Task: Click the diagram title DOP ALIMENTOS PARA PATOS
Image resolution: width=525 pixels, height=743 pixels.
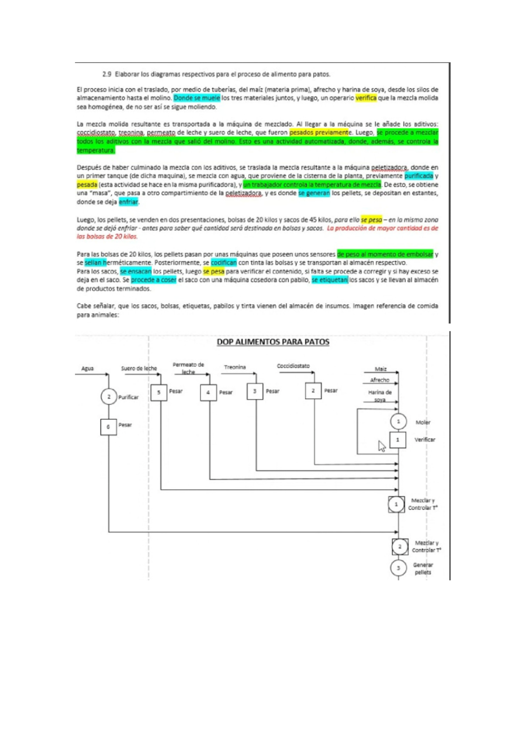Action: pos(273,342)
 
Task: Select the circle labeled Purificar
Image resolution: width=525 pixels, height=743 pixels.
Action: pos(108,397)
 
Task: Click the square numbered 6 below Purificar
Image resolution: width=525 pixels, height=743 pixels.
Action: pos(108,427)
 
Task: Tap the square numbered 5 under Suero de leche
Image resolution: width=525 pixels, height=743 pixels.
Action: pos(158,393)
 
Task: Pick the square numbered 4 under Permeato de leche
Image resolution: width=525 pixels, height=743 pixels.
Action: pos(208,393)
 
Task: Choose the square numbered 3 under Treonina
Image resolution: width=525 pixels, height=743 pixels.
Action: pos(255,391)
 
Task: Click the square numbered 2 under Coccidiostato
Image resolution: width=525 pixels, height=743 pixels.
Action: pos(313,391)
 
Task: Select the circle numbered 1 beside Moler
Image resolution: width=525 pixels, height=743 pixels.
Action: pos(398,422)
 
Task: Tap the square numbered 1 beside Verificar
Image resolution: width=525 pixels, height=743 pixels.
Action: pos(398,440)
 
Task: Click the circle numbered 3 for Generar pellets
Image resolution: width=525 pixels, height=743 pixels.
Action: pos(398,568)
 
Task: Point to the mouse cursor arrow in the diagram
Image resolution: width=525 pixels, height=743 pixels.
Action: pos(382,446)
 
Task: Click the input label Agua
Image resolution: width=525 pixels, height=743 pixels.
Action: pos(87,368)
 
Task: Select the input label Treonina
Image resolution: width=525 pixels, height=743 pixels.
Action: pos(235,367)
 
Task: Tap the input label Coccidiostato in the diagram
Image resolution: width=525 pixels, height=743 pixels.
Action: pos(293,366)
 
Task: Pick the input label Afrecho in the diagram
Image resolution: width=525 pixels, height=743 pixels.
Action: pos(379,380)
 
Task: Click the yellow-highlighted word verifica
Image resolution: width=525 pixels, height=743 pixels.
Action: pos(366,98)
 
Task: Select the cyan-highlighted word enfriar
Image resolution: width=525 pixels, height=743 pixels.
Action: pos(128,202)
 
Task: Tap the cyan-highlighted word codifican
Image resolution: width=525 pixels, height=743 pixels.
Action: pos(224,263)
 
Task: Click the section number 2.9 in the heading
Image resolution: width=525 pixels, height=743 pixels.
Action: pos(107,74)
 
